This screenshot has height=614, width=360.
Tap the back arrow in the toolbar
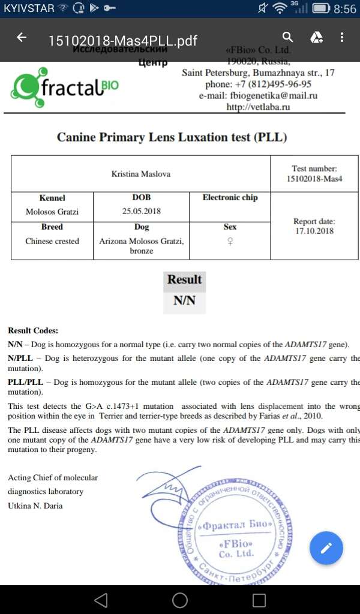[22, 38]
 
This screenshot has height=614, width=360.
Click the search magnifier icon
[288, 38]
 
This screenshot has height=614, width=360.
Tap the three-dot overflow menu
[342, 38]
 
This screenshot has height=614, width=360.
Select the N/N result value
[185, 301]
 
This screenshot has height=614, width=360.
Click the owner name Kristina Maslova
[141, 174]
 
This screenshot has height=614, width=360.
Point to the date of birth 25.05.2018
[142, 211]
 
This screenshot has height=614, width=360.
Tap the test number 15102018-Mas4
[314, 179]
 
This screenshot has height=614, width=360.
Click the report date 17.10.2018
[314, 231]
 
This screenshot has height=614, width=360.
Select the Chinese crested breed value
[52, 241]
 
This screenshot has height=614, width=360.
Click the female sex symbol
[230, 242]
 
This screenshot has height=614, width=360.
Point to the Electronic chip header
[230, 198]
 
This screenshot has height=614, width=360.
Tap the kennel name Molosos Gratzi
[52, 212]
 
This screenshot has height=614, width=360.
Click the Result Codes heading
[33, 330]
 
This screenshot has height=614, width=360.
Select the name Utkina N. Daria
[35, 505]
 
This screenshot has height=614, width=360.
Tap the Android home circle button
[180, 600]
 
